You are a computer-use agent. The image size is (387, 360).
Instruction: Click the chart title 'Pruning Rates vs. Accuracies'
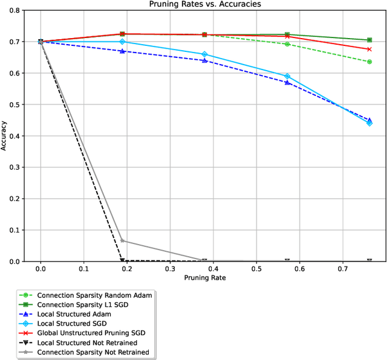205,5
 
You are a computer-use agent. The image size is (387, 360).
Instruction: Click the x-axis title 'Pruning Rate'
205,278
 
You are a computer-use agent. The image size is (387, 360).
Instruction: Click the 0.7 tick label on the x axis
343,268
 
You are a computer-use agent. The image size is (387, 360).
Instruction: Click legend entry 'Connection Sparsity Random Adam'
94,295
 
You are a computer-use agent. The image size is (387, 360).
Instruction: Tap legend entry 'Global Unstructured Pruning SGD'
94,333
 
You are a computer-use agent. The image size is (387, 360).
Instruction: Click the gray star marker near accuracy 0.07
122,240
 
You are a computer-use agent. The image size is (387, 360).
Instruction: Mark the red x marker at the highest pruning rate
369,50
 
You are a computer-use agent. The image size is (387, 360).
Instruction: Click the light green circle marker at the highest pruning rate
369,62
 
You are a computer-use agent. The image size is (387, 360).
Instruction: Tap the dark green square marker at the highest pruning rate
369,40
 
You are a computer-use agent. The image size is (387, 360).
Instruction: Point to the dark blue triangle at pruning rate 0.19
122,51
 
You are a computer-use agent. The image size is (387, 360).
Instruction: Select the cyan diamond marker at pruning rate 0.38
204,54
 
